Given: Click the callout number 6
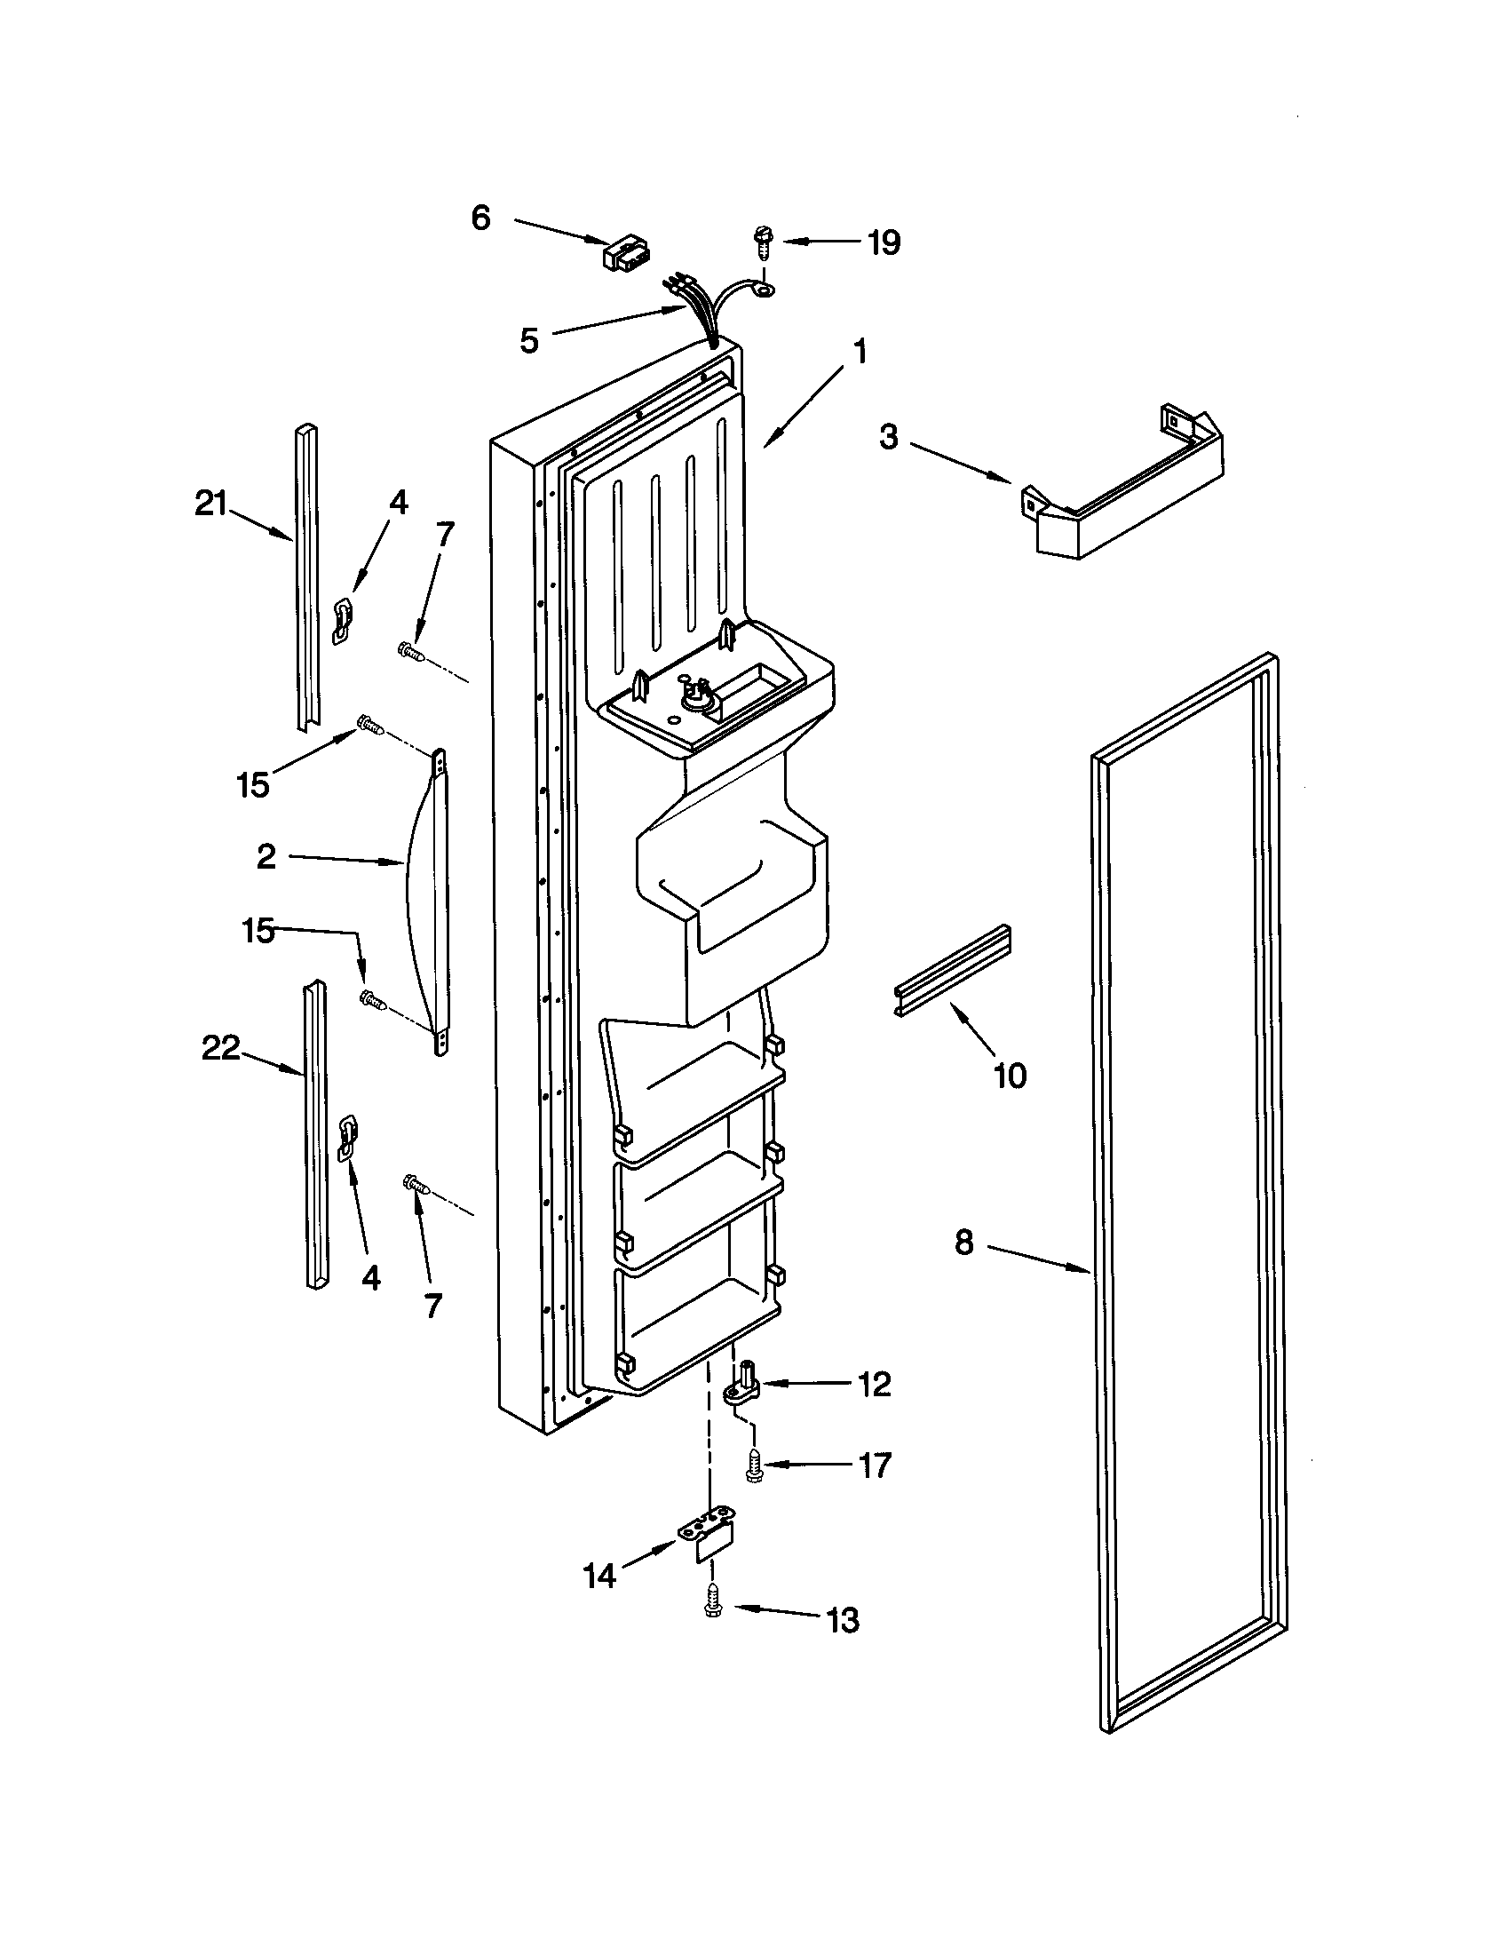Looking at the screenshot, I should pos(481,218).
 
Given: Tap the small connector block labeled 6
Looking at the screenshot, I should pos(627,253).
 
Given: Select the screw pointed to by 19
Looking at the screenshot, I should pos(763,242).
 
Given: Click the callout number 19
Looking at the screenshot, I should pos(884,242).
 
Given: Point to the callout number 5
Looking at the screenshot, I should pos(529,340).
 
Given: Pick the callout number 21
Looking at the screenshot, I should pos(211,504).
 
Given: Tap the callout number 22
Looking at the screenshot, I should pos(220,1048).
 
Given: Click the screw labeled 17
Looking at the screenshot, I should pos(753,1465).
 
